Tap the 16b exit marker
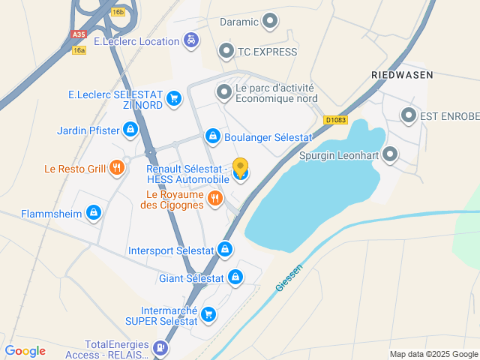coord(118,12)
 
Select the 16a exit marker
coord(79,50)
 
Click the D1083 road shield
coord(334,119)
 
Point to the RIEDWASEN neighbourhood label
coord(403,75)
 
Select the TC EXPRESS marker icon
coord(225,51)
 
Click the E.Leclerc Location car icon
coord(192,40)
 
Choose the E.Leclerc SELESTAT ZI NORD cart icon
coord(174,98)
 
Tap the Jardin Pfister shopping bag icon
coord(131,130)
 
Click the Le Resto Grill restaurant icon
coord(116,168)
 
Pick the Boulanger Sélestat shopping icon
coord(212,136)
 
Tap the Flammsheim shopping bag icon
coord(93,213)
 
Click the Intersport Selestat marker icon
coord(225,249)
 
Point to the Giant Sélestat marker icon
coord(235,277)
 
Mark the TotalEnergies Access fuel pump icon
coord(159,347)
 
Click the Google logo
coord(25,351)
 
